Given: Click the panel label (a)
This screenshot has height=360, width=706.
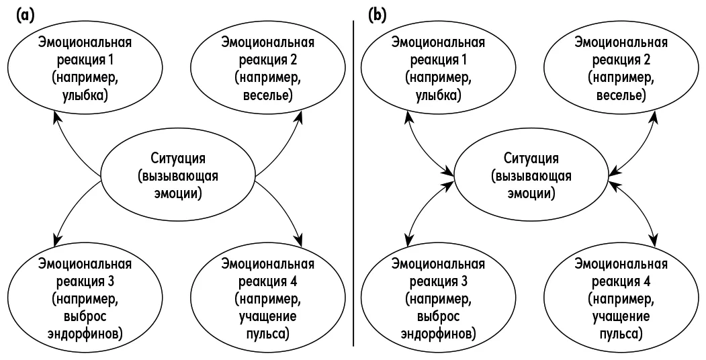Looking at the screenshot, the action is point(26,15).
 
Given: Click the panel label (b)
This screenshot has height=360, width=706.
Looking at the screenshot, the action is point(378,15).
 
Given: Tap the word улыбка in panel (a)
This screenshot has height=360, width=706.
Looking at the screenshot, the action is point(85,95).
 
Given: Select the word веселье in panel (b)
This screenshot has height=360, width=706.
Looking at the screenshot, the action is point(621,95).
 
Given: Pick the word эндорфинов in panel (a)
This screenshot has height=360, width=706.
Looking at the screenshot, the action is point(85,334).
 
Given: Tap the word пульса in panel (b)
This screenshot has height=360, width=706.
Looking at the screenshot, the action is point(621,334).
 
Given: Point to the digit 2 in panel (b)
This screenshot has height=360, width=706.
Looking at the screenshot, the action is point(648,60).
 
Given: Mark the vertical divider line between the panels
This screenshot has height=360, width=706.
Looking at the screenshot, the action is point(353,183).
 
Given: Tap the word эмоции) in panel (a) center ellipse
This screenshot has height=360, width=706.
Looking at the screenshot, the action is point(178,193).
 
